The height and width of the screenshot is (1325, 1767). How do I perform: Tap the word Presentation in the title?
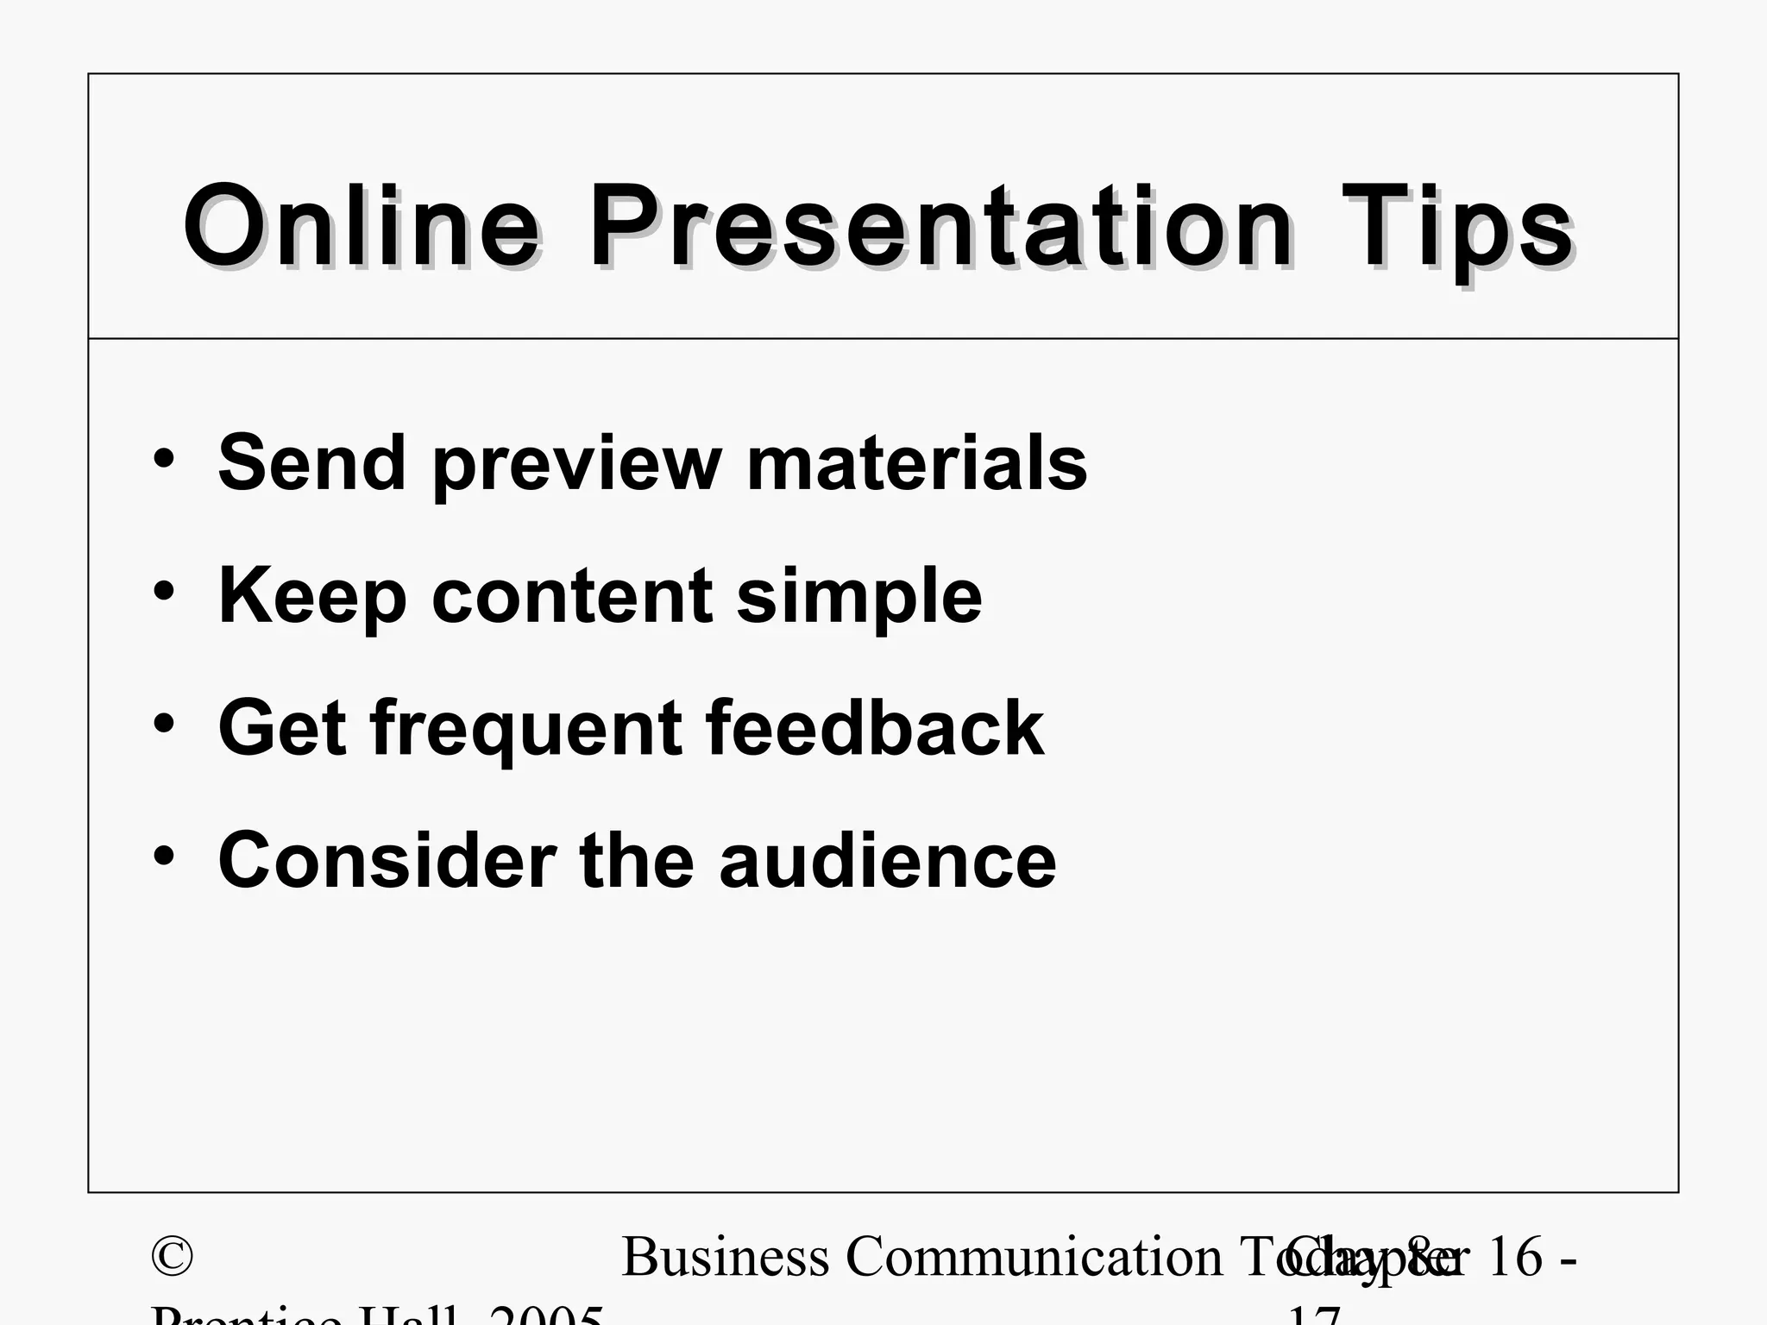pyautogui.click(x=940, y=229)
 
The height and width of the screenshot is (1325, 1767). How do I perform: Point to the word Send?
pyautogui.click(x=311, y=463)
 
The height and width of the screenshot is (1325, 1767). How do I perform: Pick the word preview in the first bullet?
pyautogui.click(x=576, y=466)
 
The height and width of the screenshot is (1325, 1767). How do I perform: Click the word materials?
pyautogui.click(x=916, y=463)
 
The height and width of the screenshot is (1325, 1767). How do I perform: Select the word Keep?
pyautogui.click(x=311, y=597)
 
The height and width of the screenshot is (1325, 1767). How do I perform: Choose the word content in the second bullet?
pyautogui.click(x=572, y=597)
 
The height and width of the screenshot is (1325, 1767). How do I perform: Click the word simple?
pyautogui.click(x=859, y=597)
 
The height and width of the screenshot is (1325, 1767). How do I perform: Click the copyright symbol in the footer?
pyautogui.click(x=172, y=1257)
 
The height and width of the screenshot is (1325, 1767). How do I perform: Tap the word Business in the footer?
pyautogui.click(x=725, y=1257)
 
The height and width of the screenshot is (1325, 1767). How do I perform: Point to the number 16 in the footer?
pyautogui.click(x=1515, y=1257)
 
